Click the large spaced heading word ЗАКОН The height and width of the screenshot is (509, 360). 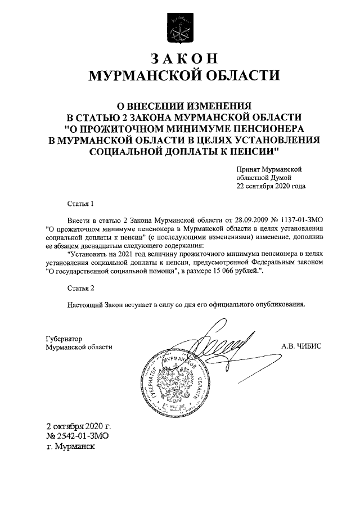click(179, 59)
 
